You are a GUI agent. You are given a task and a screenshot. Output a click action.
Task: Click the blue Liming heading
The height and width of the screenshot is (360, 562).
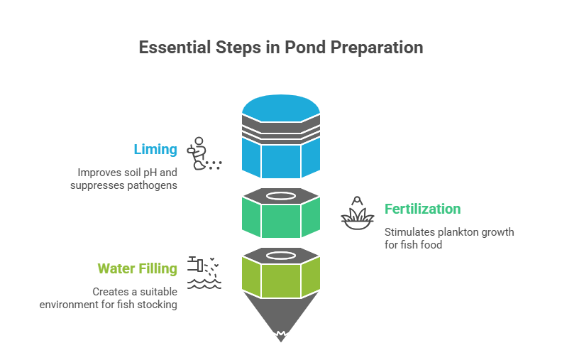click(155, 149)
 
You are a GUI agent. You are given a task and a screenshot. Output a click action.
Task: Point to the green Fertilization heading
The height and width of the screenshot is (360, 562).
click(422, 209)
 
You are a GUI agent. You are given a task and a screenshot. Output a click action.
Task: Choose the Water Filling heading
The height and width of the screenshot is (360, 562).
click(137, 268)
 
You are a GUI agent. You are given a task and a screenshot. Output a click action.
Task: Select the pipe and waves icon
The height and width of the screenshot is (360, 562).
click(204, 273)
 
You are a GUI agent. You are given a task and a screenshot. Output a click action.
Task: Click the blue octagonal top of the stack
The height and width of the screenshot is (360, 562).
click(281, 108)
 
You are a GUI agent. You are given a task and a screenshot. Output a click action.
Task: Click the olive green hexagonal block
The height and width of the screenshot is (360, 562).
click(281, 277)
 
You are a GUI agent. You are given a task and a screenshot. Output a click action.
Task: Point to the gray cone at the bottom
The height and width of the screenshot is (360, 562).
click(281, 312)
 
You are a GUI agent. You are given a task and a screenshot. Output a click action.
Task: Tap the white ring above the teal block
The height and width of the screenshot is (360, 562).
click(281, 195)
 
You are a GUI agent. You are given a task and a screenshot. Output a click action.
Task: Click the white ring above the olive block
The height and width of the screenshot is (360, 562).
click(281, 254)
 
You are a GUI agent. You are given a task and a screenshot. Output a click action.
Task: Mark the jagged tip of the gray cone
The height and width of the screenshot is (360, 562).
click(281, 335)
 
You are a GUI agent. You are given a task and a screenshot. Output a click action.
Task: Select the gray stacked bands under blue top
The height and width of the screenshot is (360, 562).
click(281, 130)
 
